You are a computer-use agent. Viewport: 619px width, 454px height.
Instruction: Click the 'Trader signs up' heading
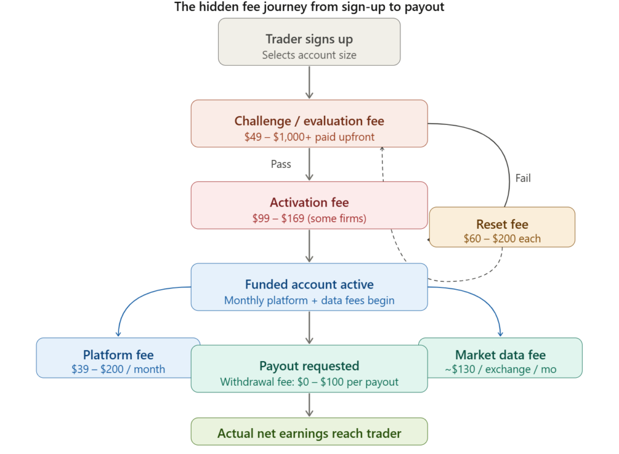coord(309,39)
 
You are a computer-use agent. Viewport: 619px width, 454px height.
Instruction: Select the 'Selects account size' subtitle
coord(309,55)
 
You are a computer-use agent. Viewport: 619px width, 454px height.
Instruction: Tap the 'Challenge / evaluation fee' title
coord(309,121)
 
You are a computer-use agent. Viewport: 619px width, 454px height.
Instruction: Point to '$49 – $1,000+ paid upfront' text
coord(309,136)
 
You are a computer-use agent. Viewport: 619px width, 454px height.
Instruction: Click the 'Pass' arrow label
coord(280,164)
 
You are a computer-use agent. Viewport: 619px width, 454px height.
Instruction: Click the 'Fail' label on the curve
coord(523,178)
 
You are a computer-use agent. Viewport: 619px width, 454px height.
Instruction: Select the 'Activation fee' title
coord(309,202)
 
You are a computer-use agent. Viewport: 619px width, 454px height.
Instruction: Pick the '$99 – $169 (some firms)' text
coord(309,218)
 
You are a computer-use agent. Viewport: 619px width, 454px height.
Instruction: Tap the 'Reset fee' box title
coord(502,224)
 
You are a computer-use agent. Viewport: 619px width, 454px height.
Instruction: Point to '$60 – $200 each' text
coord(502,238)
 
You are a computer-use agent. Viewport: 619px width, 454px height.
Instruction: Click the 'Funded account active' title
coord(309,284)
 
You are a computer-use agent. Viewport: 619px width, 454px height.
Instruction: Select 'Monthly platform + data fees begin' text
coord(309,300)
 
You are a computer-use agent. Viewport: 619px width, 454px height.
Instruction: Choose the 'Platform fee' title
coord(118,355)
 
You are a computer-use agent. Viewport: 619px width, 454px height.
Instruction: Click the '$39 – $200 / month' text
coord(118,369)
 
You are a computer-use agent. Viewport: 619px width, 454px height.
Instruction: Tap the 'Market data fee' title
coord(500,355)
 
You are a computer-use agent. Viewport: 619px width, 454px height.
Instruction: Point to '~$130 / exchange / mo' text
coord(500,369)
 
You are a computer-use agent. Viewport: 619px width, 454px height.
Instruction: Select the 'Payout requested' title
coord(309,366)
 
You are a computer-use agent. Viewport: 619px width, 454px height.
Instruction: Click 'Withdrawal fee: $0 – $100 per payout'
coord(309,382)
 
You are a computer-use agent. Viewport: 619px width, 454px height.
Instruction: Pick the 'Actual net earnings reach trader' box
coord(309,433)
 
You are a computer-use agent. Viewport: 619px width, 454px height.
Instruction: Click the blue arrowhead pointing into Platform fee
coord(118,333)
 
